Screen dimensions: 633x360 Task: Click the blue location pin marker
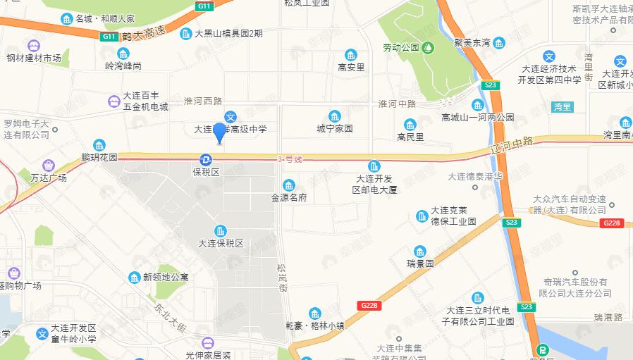220,132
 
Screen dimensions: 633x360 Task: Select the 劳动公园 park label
401,48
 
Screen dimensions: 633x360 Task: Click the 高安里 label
350,68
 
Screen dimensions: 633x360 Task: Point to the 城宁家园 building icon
335,116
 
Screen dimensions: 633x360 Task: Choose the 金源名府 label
289,198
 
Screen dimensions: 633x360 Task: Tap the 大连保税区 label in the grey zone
221,243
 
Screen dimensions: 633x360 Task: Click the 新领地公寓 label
166,277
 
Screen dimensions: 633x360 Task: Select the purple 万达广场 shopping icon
48,165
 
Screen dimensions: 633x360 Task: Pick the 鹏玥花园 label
99,157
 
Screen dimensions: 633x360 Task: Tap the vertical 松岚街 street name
282,279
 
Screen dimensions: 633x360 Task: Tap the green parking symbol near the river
542,349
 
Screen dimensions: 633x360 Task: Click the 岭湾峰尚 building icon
123,54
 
